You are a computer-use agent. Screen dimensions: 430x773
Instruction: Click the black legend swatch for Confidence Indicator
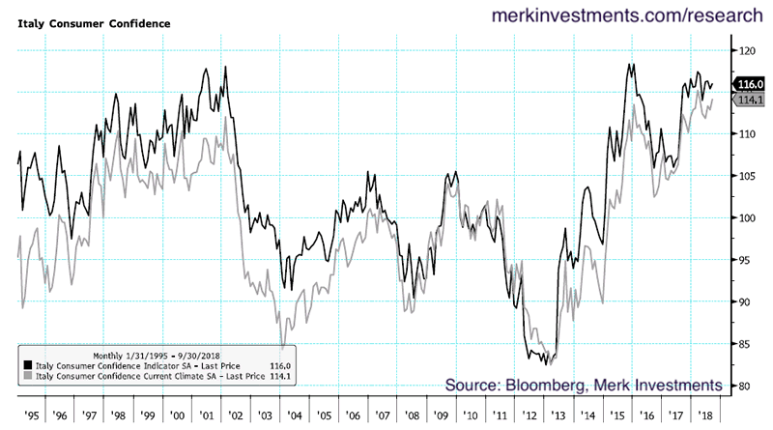pyautogui.click(x=26, y=366)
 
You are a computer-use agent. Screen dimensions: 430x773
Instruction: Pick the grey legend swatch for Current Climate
pyautogui.click(x=26, y=377)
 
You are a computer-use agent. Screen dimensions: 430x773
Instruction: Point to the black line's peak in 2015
pyautogui.click(x=631, y=65)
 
